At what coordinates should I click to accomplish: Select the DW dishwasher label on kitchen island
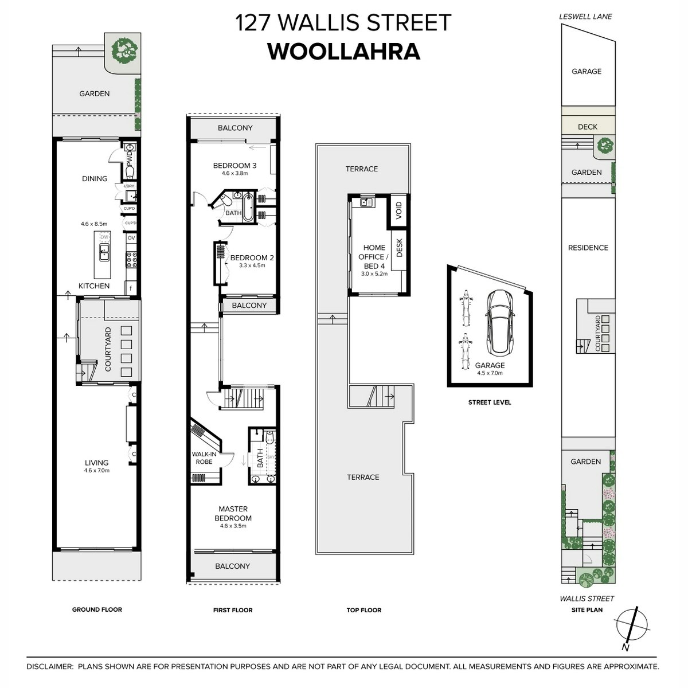[104, 237]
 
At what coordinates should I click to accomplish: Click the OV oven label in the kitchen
[131, 238]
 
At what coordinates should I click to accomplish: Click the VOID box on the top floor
[399, 210]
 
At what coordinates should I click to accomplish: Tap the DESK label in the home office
[399, 248]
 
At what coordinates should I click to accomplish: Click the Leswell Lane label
[585, 17]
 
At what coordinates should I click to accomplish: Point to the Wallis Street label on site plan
[587, 599]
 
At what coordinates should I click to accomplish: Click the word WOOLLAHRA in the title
[343, 52]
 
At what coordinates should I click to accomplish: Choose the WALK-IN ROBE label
[204, 458]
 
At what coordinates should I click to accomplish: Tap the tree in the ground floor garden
[124, 51]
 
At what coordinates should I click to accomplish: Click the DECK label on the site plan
[587, 127]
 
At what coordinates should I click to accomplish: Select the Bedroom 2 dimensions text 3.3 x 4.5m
[252, 265]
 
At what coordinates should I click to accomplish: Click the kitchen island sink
[104, 252]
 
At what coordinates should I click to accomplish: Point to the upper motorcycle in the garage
[465, 308]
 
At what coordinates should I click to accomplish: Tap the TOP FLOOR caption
[364, 610]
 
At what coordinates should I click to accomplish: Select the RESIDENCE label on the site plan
[588, 248]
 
